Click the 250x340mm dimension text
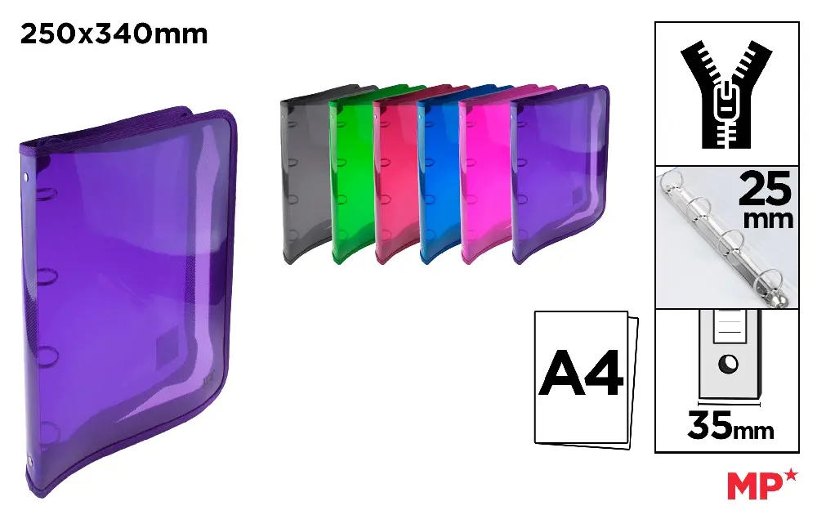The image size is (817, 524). pyautogui.click(x=114, y=34)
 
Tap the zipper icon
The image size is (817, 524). pyautogui.click(x=726, y=94)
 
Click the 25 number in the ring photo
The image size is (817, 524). pyautogui.click(x=765, y=189)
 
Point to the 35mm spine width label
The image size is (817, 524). pyautogui.click(x=730, y=426)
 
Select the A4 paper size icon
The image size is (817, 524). pyautogui.click(x=586, y=378)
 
